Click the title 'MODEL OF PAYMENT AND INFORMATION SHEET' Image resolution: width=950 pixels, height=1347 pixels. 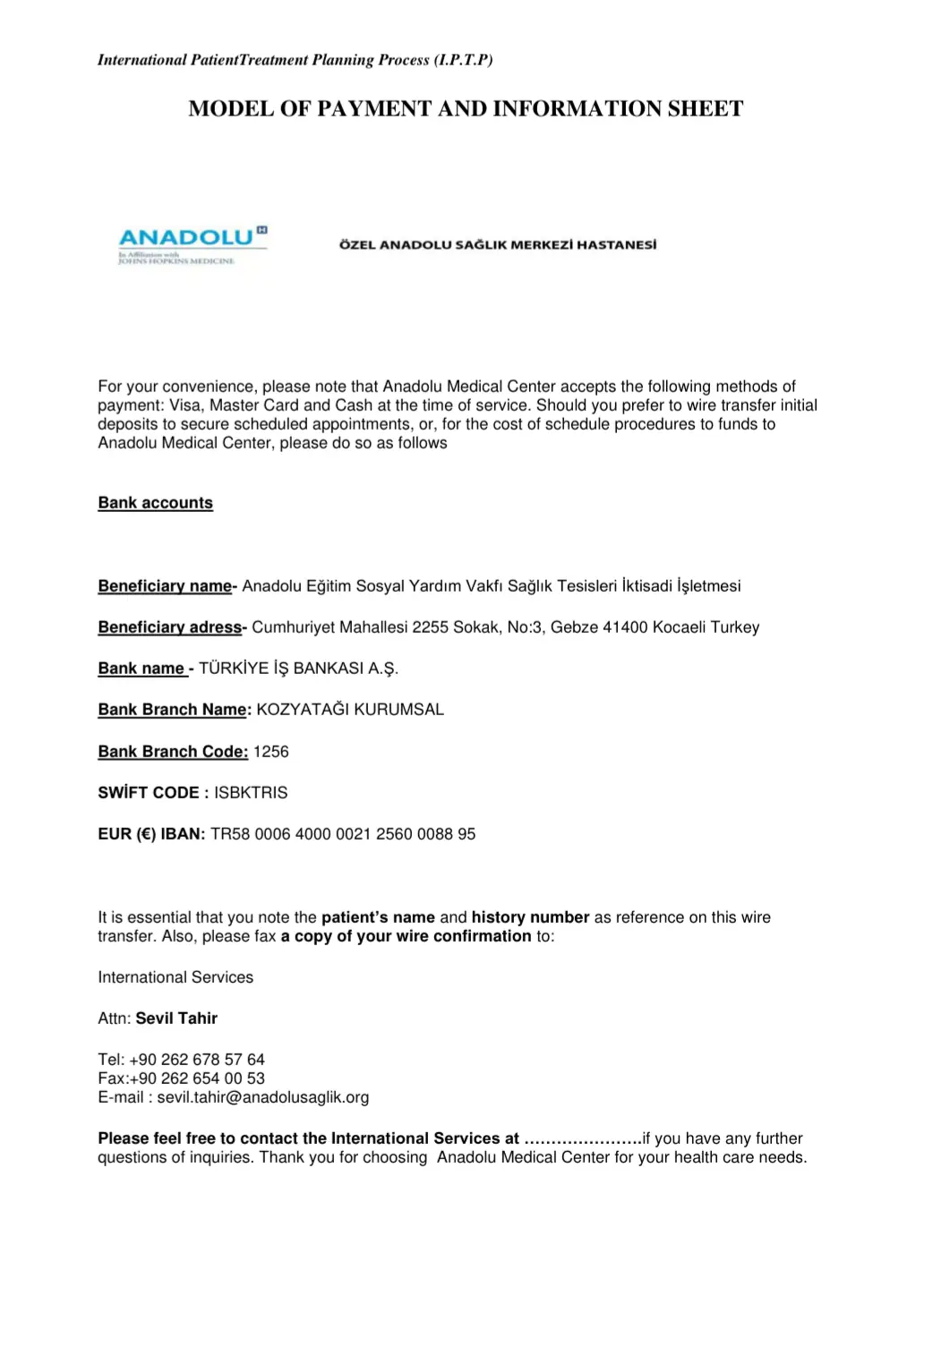coord(466,109)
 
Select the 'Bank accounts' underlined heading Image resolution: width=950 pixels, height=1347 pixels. coord(156,503)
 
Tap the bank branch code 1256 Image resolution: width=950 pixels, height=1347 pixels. coord(271,752)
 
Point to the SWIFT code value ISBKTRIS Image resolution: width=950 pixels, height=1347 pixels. coord(251,793)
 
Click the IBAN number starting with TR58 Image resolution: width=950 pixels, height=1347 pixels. coord(343,834)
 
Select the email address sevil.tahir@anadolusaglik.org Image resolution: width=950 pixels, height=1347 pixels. coord(263,1097)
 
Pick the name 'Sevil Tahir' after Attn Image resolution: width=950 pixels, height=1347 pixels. coord(176,1019)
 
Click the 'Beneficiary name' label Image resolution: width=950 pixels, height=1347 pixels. coord(165,586)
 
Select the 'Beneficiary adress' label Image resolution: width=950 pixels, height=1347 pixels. coord(170,627)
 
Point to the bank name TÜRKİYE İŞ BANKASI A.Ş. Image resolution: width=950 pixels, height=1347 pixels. coord(298,669)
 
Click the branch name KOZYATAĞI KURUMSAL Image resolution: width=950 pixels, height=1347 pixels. coord(350,710)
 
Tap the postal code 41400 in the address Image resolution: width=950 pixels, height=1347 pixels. coord(625,627)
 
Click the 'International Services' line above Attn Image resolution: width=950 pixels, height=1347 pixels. coord(175,977)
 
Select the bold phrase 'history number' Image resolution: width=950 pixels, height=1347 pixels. coord(530,917)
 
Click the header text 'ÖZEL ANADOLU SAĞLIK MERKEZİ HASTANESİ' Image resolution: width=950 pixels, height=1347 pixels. coord(498,244)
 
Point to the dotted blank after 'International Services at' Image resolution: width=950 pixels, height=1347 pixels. coord(583,1139)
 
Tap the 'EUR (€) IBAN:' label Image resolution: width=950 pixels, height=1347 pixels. coord(151,834)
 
